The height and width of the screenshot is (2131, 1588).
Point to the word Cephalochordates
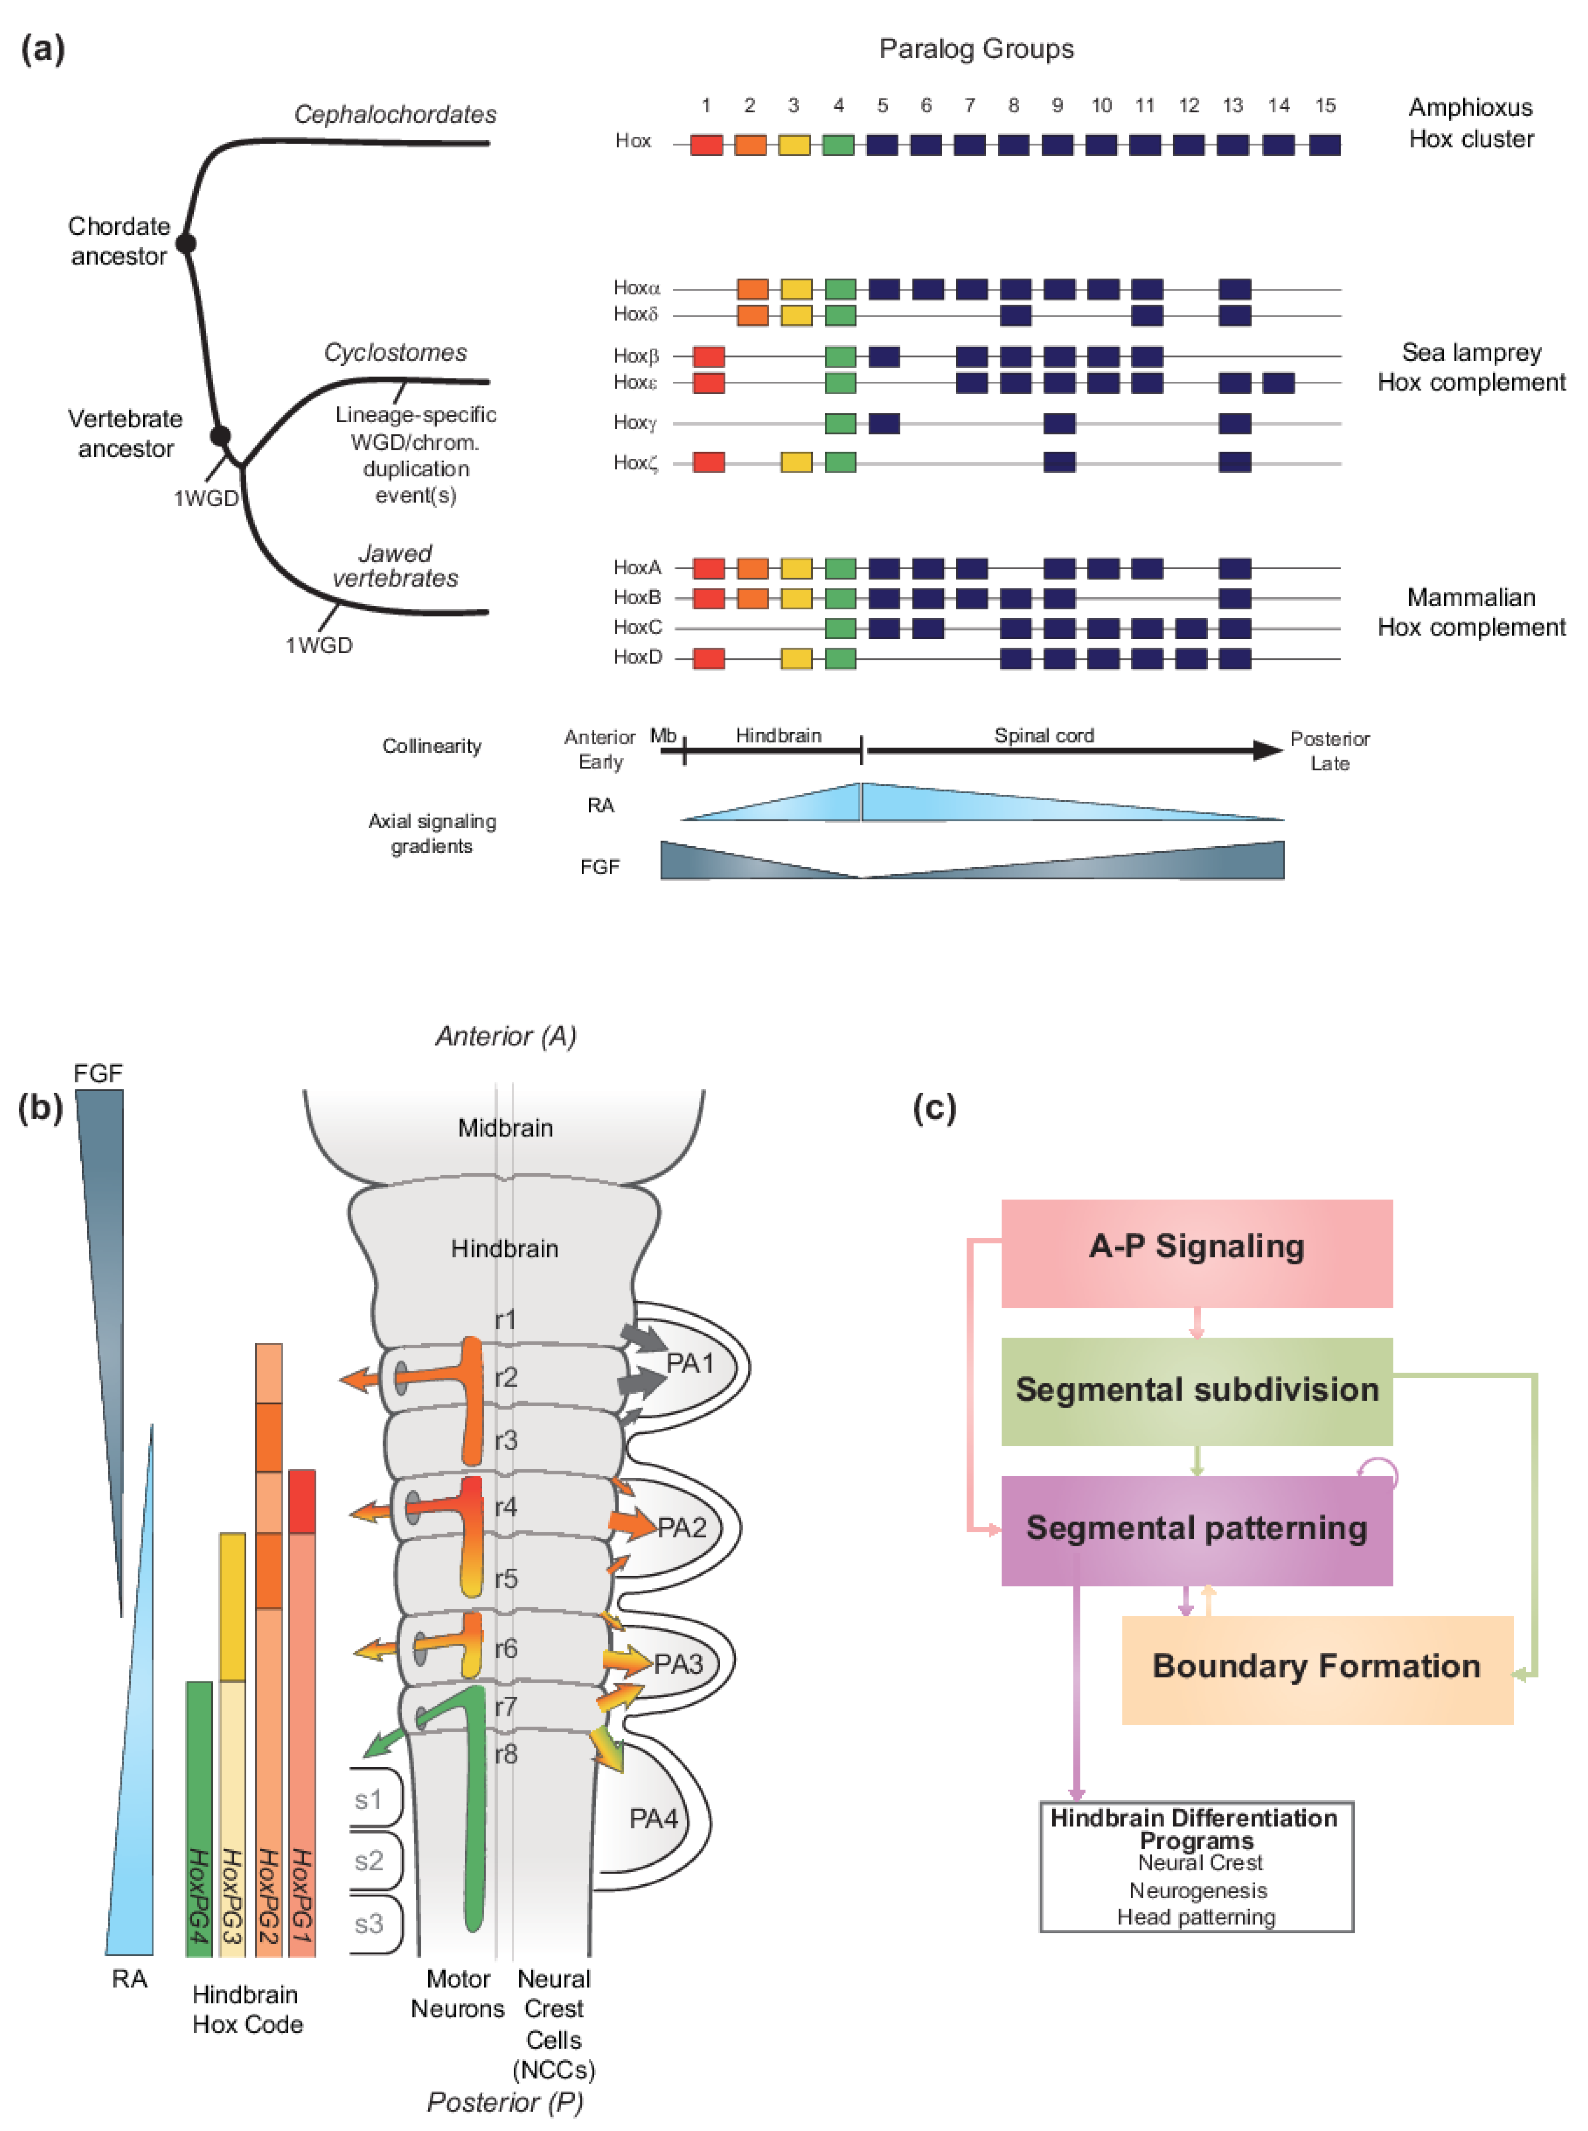coord(395,114)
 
